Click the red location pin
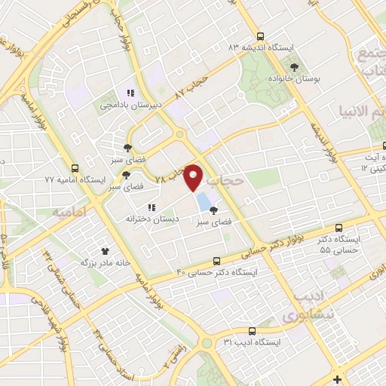point(194,176)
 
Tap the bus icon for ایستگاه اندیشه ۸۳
point(260,35)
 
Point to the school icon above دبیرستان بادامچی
point(130,93)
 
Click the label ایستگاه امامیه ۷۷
point(71,180)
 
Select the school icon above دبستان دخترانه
point(151,207)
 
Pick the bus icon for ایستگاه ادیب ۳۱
point(252,330)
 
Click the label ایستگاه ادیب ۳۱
point(252,342)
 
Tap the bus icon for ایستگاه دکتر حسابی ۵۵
point(339,227)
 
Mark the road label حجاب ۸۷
point(189,86)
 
